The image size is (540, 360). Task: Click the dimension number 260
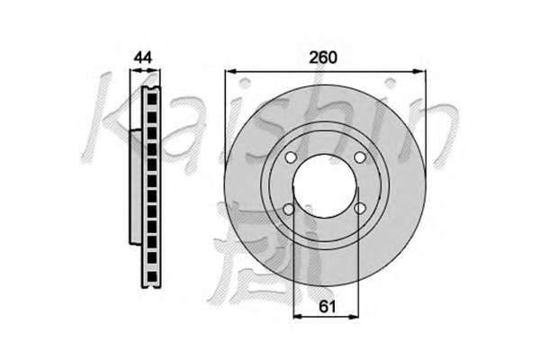pos(323,58)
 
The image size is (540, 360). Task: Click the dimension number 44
pos(143,58)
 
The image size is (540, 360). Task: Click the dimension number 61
pos(327,306)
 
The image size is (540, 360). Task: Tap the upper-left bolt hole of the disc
pos(291,157)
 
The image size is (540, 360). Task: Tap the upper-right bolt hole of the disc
pos(360,157)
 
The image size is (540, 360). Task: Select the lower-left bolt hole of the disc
pos(289,209)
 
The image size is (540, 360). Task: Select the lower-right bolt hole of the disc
pos(360,208)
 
